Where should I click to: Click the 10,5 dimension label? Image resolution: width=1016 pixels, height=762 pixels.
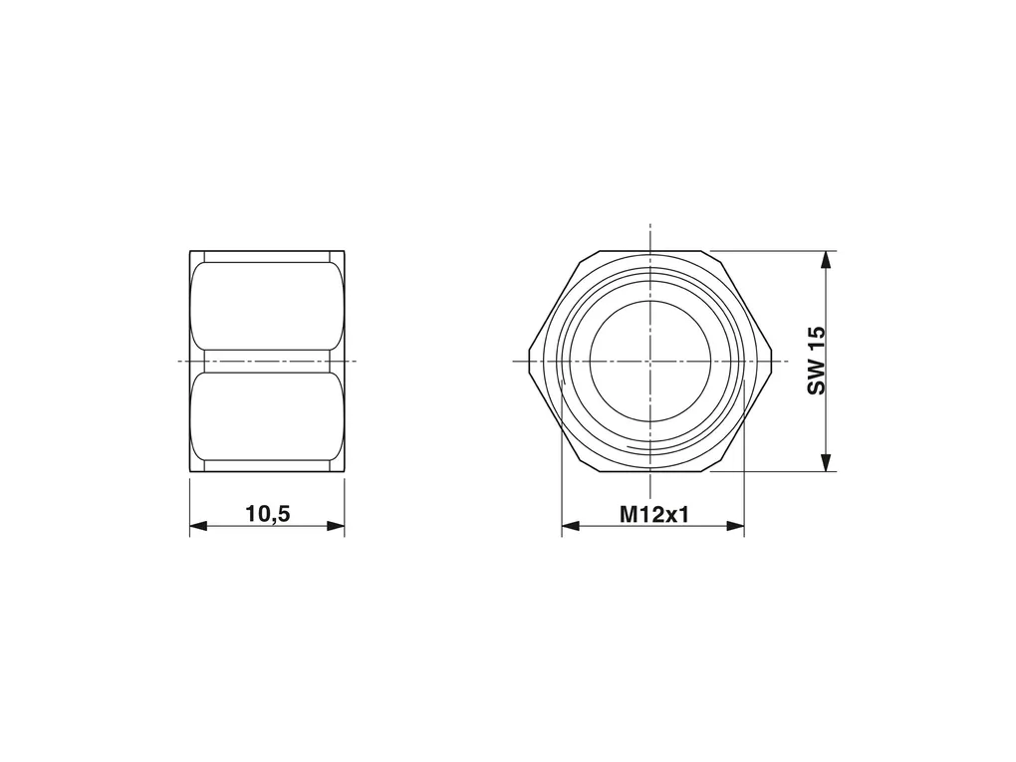pyautogui.click(x=268, y=514)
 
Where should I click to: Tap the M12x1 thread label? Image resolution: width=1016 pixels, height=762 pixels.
pyautogui.click(x=654, y=515)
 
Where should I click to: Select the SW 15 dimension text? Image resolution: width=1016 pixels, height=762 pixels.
pyautogui.click(x=817, y=361)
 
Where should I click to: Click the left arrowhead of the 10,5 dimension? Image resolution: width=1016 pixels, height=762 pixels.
pyautogui.click(x=198, y=526)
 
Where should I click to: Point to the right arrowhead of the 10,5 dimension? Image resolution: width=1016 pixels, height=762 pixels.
pyautogui.click(x=336, y=526)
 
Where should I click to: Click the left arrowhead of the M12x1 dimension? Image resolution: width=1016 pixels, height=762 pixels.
pyautogui.click(x=570, y=526)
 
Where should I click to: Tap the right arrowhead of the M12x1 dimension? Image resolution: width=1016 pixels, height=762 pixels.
pyautogui.click(x=735, y=526)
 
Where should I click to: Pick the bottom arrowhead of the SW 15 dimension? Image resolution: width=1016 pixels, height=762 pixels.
pyautogui.click(x=826, y=462)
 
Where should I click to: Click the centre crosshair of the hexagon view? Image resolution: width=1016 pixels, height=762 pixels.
pyautogui.click(x=649, y=361)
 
